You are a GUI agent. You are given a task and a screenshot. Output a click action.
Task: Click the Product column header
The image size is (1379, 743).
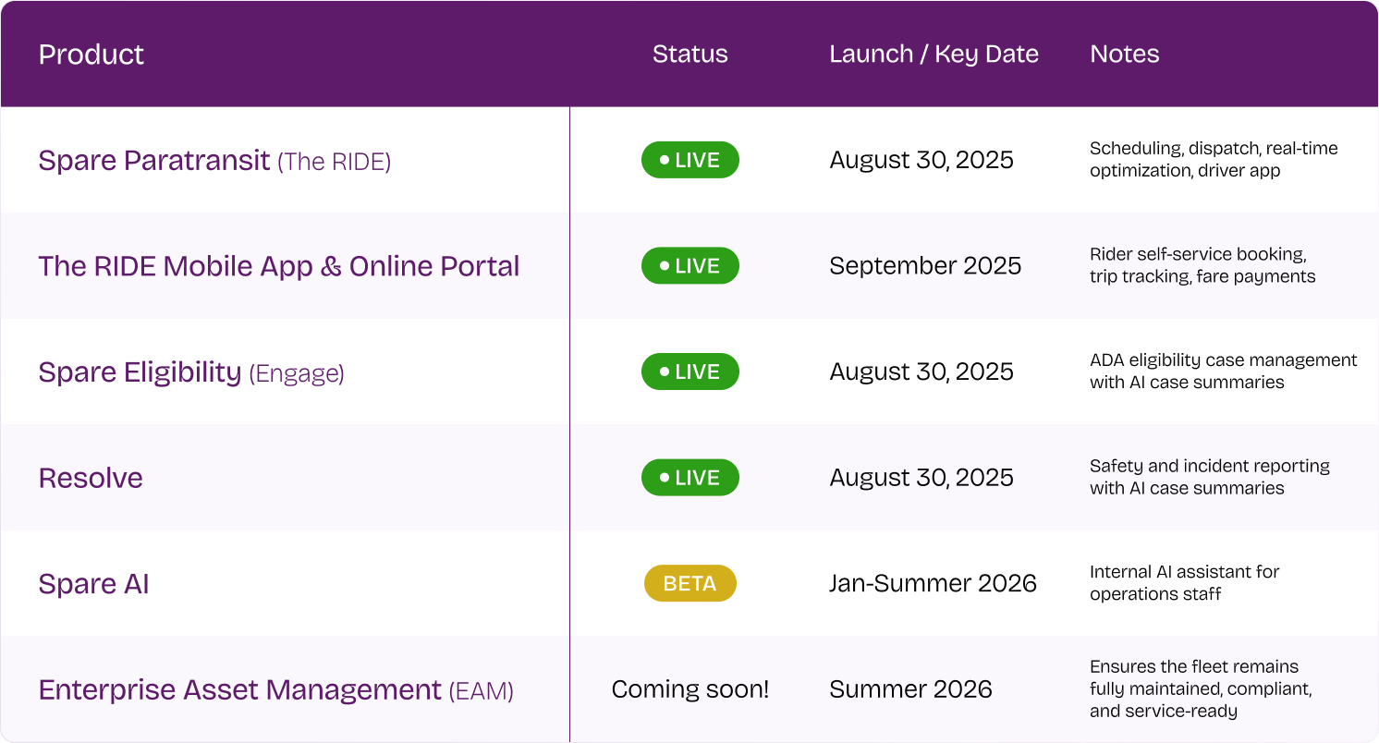[92, 55]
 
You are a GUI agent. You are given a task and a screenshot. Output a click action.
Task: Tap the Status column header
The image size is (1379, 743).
[690, 55]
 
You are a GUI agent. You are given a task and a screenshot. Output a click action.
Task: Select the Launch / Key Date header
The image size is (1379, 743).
[934, 55]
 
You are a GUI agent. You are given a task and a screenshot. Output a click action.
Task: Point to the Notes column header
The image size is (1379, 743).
[1125, 55]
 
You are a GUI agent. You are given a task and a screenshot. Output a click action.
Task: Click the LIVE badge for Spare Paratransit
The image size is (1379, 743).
[690, 160]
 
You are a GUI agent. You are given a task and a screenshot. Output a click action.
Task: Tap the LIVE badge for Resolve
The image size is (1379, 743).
[690, 478]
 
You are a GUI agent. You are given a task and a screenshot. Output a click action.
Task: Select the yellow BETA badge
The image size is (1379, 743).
[690, 583]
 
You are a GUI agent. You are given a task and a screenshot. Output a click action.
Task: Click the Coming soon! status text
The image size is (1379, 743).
[690, 689]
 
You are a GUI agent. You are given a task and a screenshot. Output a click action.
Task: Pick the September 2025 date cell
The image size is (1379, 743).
[925, 266]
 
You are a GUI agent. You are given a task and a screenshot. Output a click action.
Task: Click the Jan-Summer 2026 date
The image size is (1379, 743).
[934, 583]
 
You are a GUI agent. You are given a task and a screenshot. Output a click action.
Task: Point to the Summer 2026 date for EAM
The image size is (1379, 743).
[910, 689]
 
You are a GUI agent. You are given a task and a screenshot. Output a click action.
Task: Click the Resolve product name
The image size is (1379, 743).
[91, 479]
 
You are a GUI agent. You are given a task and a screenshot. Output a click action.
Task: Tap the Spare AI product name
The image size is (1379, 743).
[93, 584]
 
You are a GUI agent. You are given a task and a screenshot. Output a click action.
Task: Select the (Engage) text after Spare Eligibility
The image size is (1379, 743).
[297, 373]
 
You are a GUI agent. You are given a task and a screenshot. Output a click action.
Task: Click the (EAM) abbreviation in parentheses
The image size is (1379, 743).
[481, 691]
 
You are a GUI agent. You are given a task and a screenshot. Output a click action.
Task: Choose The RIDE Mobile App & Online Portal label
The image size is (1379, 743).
[279, 266]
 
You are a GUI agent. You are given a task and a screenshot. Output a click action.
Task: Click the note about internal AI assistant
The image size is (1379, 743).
[1185, 583]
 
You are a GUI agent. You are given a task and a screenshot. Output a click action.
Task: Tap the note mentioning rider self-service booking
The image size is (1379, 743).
[1202, 265]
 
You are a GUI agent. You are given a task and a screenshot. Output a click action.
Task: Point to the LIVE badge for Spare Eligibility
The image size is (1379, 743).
[690, 371]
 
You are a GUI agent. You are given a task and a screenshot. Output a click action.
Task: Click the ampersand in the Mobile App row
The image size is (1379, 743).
[331, 266]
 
